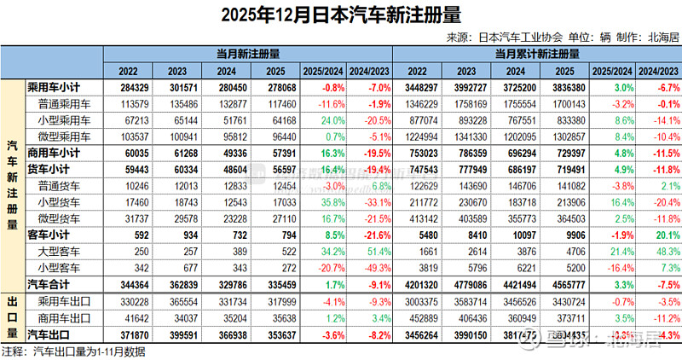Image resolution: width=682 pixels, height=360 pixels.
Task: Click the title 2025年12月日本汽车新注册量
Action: pyautogui.click(x=341, y=15)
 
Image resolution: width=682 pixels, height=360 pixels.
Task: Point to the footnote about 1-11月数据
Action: pyautogui.click(x=64, y=351)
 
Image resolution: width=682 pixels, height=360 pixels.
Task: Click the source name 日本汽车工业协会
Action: pyautogui.click(x=520, y=37)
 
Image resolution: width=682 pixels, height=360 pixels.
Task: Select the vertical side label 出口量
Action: pyautogui.click(x=13, y=316)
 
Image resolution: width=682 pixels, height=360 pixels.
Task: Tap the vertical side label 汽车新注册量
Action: pyautogui.click(x=13, y=186)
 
